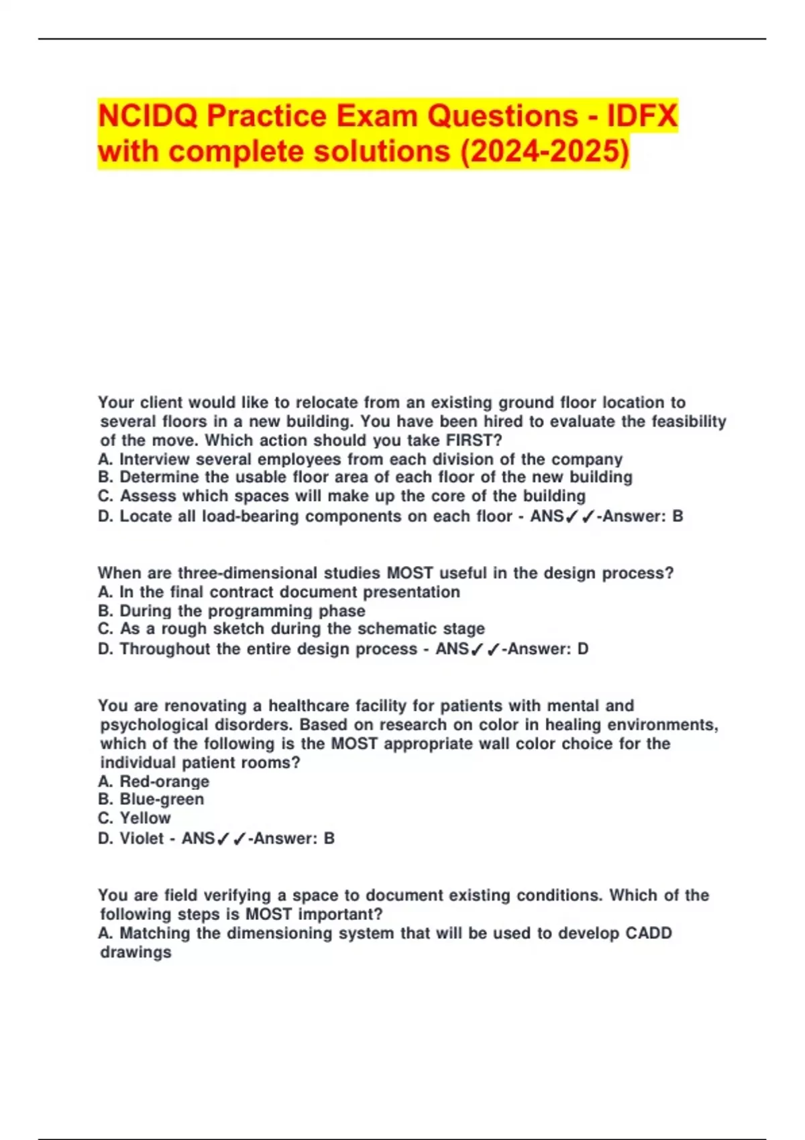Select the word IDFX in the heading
click(642, 116)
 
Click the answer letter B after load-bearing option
click(678, 516)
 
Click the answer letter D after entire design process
click(582, 649)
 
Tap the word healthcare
click(309, 706)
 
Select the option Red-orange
click(164, 782)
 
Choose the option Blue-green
click(162, 799)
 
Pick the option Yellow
click(145, 818)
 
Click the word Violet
click(142, 838)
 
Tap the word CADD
click(648, 933)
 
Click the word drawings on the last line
click(136, 952)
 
